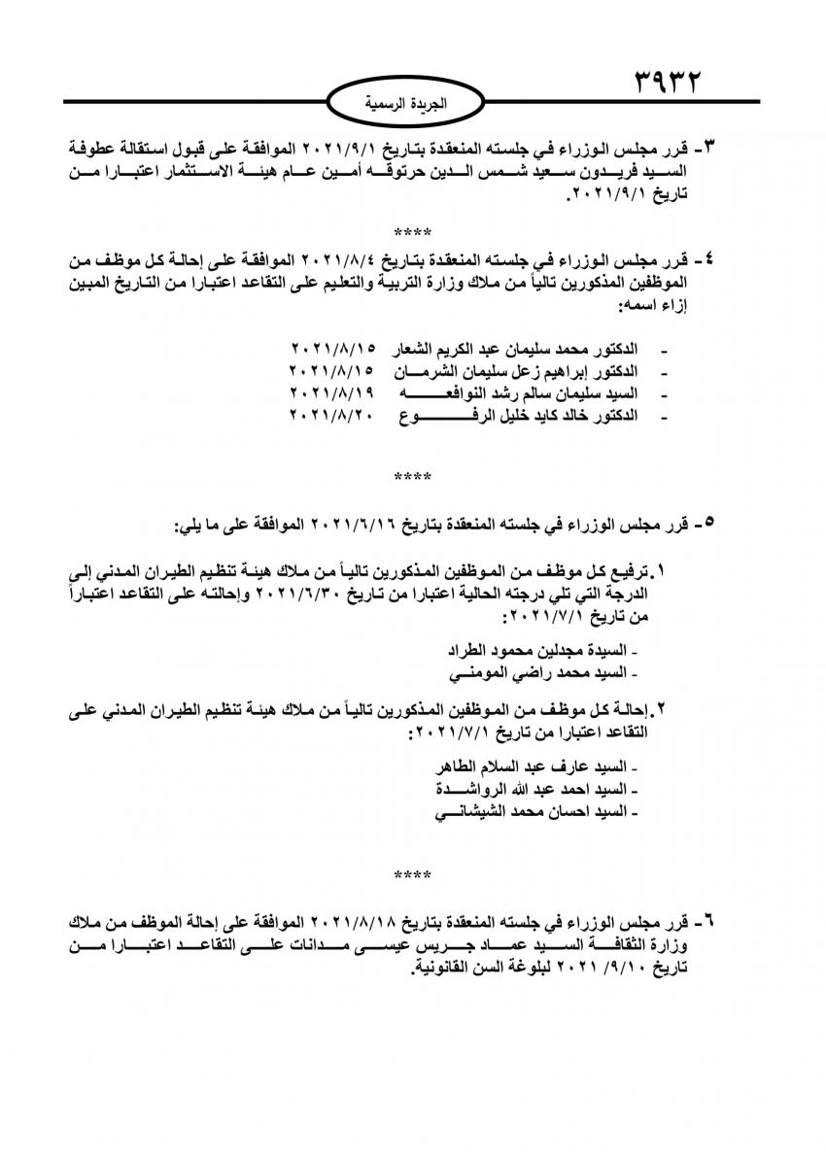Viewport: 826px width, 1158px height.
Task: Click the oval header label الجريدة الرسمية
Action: click(x=413, y=102)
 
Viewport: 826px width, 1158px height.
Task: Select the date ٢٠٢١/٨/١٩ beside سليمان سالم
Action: click(x=329, y=393)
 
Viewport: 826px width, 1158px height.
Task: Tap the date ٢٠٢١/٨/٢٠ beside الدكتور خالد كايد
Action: click(x=329, y=416)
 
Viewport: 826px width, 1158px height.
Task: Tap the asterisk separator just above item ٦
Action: click(x=413, y=876)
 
